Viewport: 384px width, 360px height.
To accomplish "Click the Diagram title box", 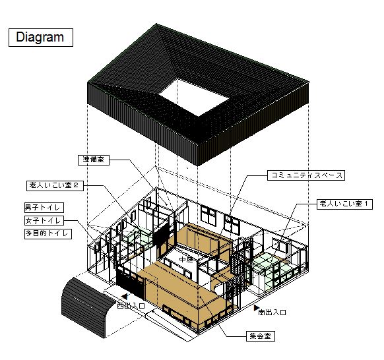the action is tap(41, 38).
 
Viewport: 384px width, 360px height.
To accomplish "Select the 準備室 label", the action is tap(94, 160).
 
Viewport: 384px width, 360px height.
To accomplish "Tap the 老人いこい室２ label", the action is tap(55, 185).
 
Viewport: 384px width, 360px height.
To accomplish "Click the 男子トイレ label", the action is tap(44, 208).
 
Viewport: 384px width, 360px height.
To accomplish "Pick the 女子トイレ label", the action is tap(44, 220).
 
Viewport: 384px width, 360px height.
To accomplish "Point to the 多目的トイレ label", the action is tap(48, 233).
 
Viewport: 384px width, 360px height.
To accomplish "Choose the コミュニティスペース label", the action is tap(306, 175).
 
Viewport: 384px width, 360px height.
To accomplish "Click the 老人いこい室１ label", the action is tap(345, 204).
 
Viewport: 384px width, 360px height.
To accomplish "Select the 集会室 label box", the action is tap(261, 336).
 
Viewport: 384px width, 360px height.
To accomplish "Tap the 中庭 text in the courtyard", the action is tap(186, 259).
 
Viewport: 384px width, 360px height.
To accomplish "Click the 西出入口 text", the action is tap(131, 305).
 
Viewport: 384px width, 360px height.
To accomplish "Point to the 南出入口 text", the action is tap(272, 313).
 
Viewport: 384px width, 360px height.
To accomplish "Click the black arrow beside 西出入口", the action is tap(125, 297).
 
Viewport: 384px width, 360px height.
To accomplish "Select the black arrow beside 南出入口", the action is tap(256, 307).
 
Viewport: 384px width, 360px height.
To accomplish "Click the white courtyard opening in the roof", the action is tap(194, 97).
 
